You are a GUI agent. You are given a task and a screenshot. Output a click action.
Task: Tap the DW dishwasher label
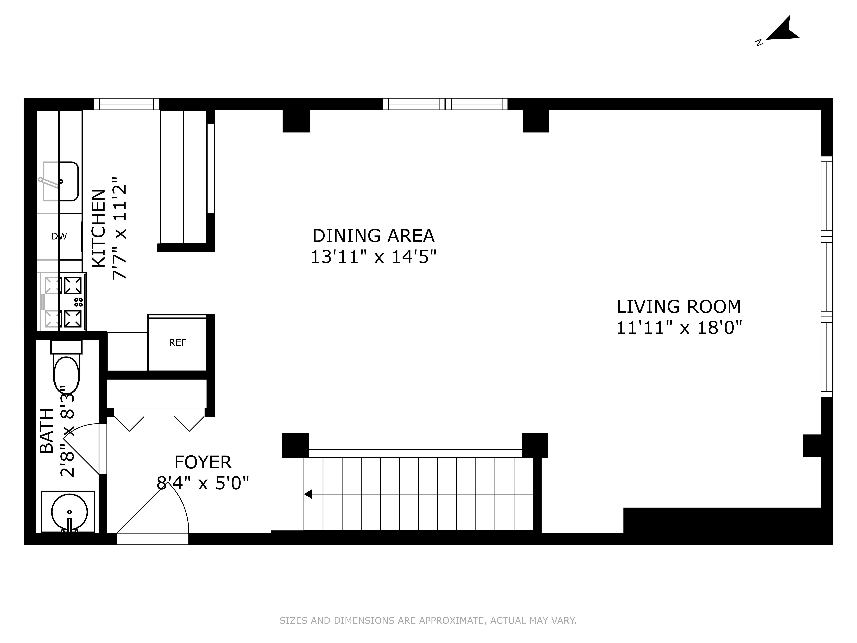point(59,236)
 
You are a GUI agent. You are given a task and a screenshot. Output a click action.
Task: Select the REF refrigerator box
point(177,343)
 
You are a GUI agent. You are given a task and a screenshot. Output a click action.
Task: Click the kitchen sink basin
point(61,181)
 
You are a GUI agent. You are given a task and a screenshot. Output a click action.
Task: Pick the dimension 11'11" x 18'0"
point(679,328)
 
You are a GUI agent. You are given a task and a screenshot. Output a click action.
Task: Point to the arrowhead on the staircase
point(308,494)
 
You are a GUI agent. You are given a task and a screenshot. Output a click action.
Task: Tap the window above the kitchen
point(126,104)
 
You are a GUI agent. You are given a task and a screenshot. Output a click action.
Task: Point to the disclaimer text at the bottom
point(428,621)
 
